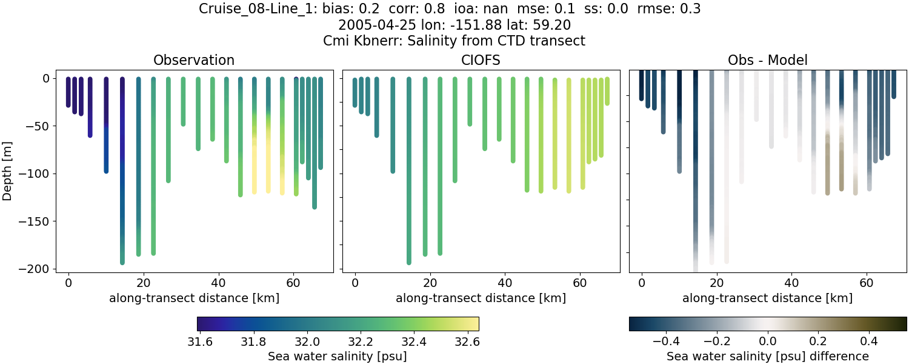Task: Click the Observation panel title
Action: point(194,60)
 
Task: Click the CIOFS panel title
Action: point(481,60)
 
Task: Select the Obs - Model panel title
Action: point(768,60)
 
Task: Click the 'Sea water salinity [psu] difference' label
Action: point(768,356)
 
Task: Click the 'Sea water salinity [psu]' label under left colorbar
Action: point(337,356)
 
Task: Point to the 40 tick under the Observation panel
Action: point(218,282)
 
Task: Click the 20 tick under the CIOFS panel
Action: point(430,282)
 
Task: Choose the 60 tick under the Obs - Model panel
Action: point(867,282)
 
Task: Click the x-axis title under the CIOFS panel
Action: point(481,298)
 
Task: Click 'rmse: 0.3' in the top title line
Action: point(669,9)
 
